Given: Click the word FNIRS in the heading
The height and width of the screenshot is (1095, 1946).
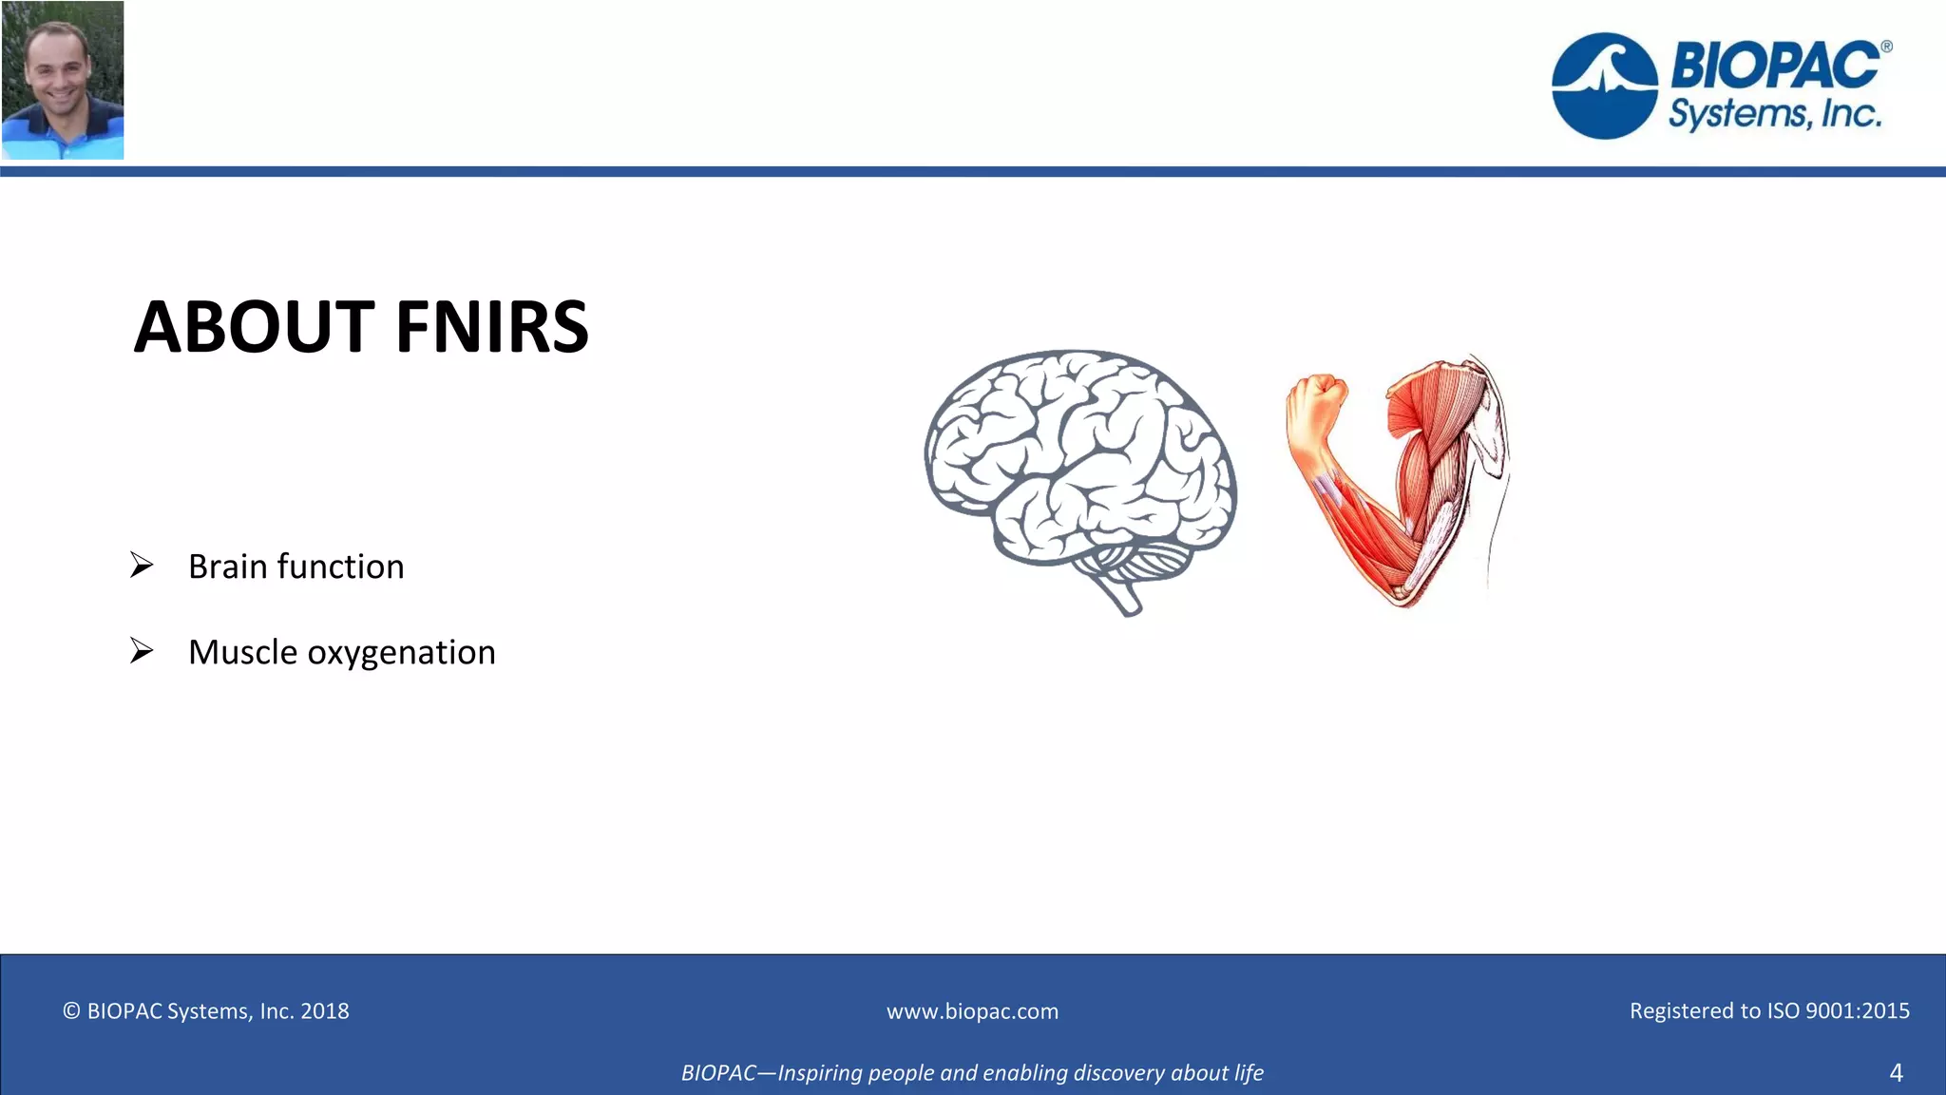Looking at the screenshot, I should pos(491,327).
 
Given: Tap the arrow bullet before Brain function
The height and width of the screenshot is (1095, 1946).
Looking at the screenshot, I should pos(142,566).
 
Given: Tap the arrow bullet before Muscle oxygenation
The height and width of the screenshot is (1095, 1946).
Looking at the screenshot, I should pos(142,651).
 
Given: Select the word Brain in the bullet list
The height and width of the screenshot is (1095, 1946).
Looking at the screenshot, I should pos(228,567).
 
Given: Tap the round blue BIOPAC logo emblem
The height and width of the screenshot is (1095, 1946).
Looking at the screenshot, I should pos(1604,86).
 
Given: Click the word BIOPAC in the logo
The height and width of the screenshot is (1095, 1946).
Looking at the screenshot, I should pos(1773,65).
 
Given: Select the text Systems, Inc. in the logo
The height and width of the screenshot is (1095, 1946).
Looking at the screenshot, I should pos(1774,114).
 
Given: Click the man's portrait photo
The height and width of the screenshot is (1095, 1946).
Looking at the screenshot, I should pos(63,80).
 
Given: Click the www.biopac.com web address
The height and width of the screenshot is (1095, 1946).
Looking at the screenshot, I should pos(972,1011).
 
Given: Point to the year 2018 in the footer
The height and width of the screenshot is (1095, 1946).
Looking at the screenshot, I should pos(325,1011).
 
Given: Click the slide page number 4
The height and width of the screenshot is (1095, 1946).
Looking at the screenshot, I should pos(1896,1073).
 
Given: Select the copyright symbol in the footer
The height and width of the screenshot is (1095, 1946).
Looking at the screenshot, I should pos(71,1011).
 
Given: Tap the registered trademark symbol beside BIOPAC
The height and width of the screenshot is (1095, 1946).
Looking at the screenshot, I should pos(1886,47).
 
